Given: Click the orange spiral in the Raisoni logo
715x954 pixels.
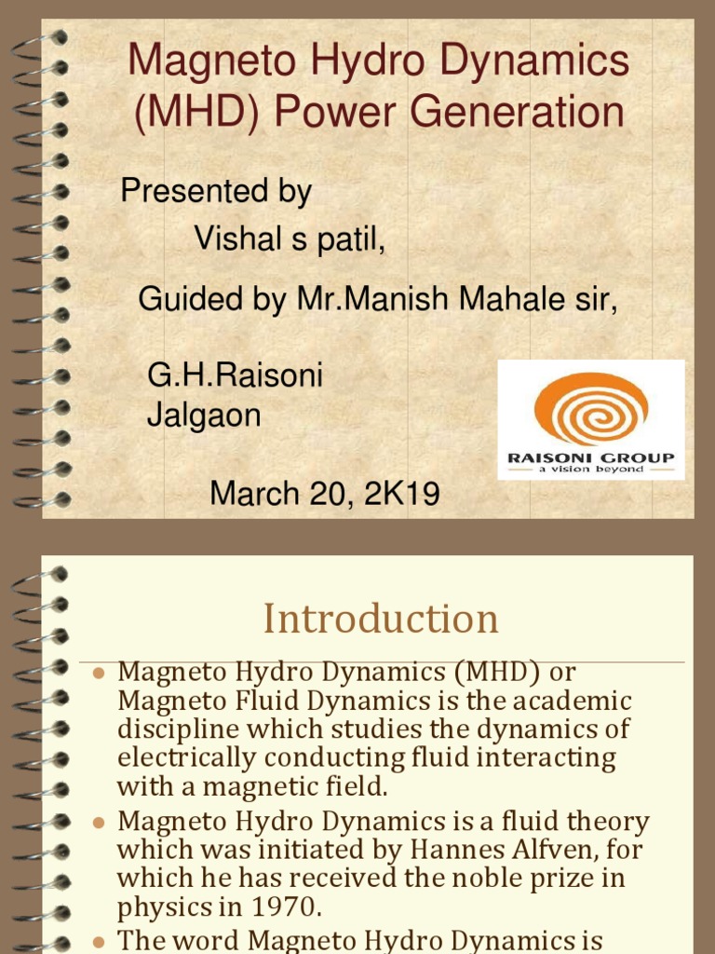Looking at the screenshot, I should point(590,407).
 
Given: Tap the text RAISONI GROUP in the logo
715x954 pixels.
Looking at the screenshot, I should point(590,457).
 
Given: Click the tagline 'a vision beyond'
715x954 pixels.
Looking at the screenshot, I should point(590,470).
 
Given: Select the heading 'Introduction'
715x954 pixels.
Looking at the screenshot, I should point(380,619).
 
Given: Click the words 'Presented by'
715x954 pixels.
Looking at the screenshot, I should point(216,192).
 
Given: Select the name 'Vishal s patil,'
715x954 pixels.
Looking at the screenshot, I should point(289,238).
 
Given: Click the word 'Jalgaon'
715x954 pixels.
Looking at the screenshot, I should point(204,416).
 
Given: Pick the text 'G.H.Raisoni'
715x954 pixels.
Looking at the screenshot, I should point(235,376).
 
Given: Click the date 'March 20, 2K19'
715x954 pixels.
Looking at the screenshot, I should point(324,493).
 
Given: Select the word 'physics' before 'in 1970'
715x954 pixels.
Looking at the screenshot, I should point(159,907).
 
